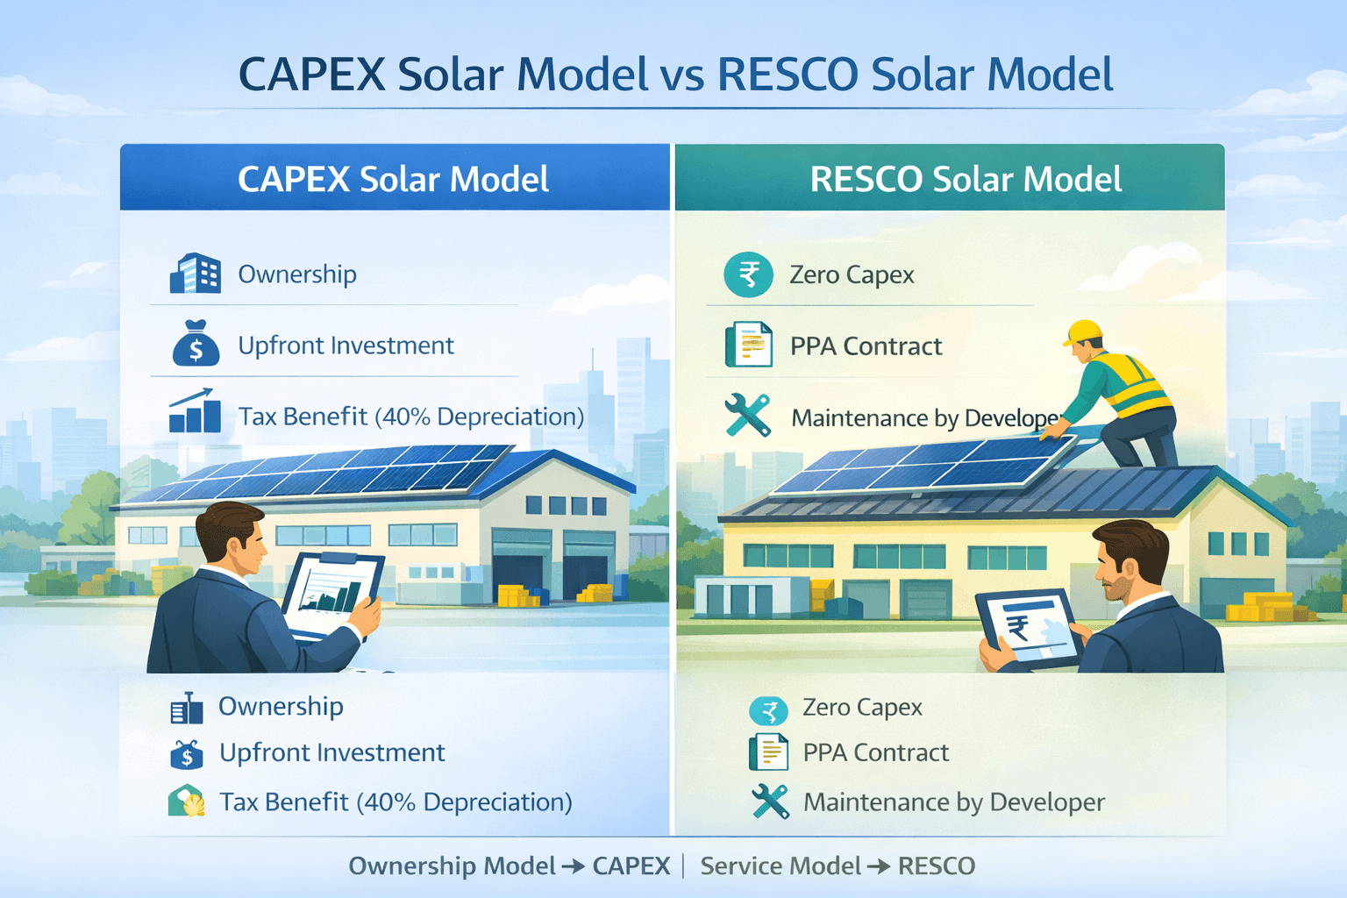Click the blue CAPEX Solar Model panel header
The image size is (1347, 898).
(x=395, y=177)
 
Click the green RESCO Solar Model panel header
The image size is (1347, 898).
(x=950, y=177)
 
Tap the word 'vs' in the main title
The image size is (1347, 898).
(x=682, y=75)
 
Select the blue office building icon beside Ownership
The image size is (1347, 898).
(x=196, y=273)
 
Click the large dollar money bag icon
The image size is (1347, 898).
(x=196, y=343)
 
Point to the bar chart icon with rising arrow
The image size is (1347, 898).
(x=195, y=410)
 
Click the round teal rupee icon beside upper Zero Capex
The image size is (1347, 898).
(x=748, y=274)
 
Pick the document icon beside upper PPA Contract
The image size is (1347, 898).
(x=749, y=344)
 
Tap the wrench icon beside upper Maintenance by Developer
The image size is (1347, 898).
(x=747, y=415)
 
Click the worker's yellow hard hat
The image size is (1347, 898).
(x=1084, y=332)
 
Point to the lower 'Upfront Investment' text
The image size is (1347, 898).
(x=332, y=752)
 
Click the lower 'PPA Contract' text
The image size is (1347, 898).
(x=876, y=752)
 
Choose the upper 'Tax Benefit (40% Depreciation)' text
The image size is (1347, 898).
(x=411, y=417)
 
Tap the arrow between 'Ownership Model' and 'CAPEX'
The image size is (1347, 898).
(x=574, y=866)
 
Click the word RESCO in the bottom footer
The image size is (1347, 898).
(x=937, y=866)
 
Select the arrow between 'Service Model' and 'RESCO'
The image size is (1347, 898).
(x=880, y=866)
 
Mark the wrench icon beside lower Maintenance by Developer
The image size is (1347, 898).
(x=770, y=802)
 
